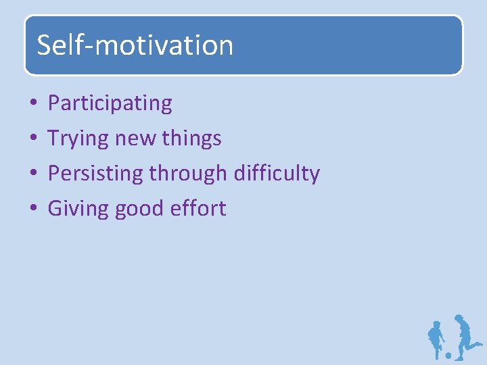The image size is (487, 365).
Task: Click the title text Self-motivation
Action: (135, 45)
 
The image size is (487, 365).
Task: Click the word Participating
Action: (110, 103)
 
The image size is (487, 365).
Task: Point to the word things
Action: (192, 139)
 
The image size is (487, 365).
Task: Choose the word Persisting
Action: (95, 174)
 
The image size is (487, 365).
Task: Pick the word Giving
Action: (74, 209)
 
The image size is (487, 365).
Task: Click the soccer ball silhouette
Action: (448, 354)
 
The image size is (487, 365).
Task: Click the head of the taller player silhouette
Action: (459, 318)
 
